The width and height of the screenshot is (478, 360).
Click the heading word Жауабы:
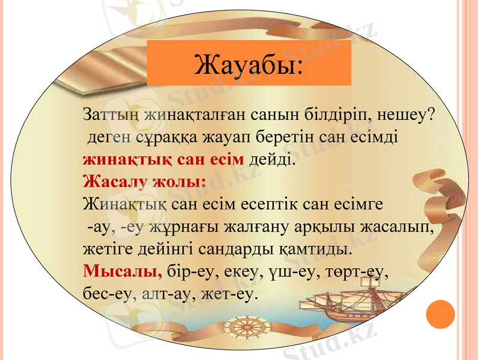248,65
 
